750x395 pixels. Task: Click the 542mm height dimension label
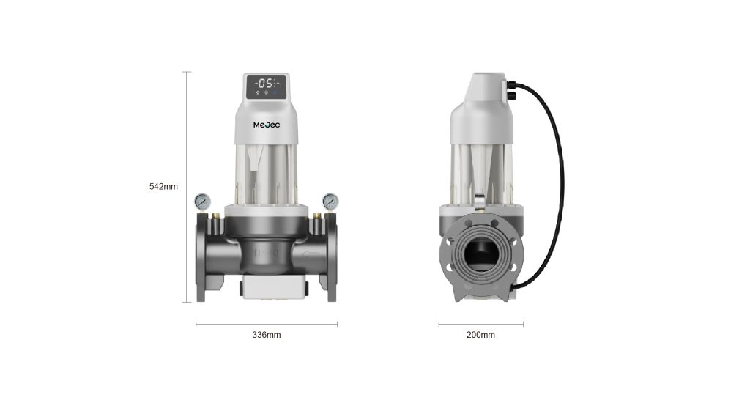[x=163, y=187]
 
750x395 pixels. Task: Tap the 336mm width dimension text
[x=266, y=335]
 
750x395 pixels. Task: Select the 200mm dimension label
[x=480, y=335]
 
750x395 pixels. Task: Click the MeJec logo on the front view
[x=267, y=125]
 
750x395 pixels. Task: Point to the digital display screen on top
[x=267, y=86]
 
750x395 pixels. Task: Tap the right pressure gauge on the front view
[x=330, y=201]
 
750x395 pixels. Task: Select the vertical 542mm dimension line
[x=187, y=187]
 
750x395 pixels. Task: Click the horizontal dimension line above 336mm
[x=266, y=323]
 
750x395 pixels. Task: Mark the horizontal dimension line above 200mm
[x=480, y=323]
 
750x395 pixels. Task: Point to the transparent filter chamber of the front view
[x=267, y=172]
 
